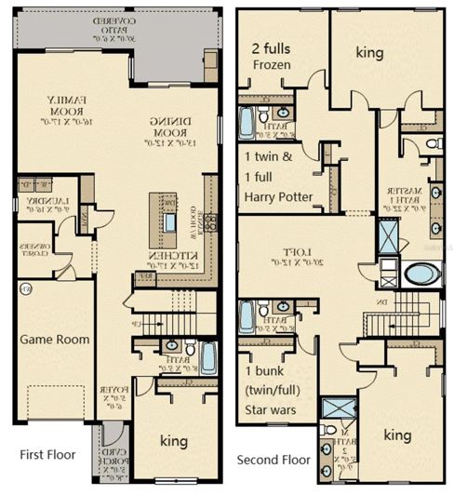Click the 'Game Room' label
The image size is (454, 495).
pos(55,340)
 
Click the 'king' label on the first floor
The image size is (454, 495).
pos(173,440)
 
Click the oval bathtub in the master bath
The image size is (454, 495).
pos(421,274)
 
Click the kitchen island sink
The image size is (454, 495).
pos(169,222)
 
